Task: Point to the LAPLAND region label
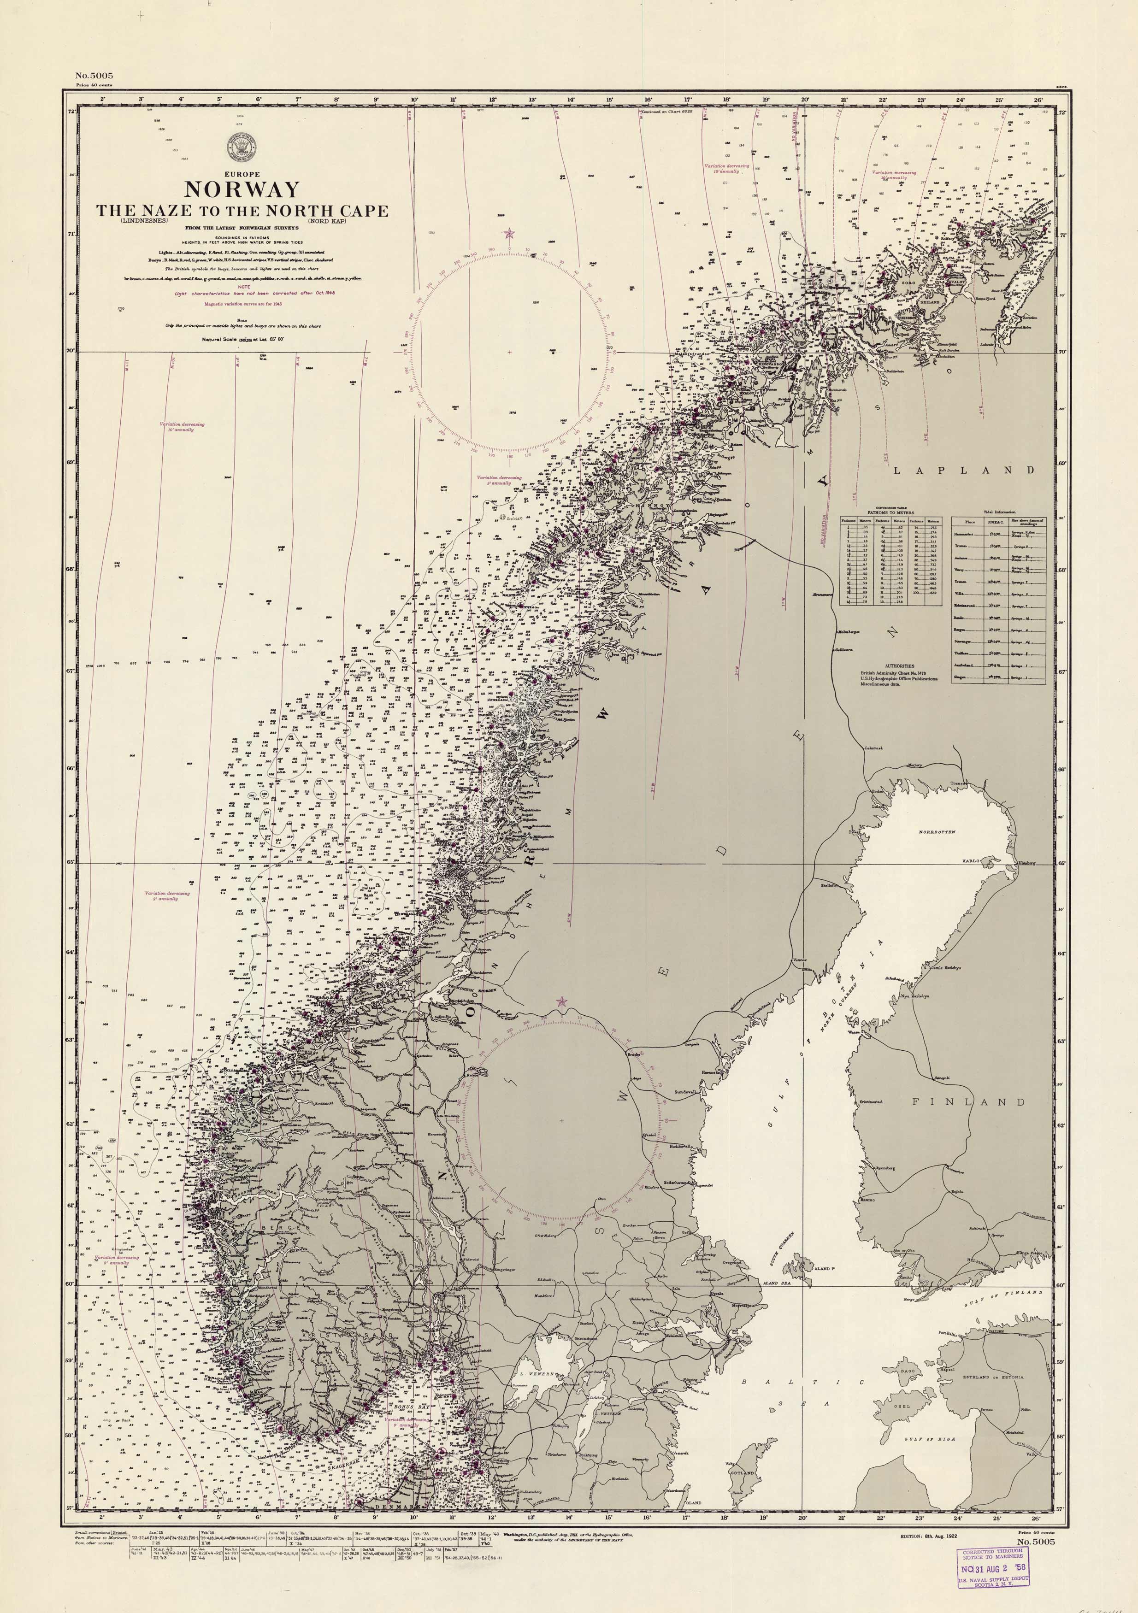(x=964, y=470)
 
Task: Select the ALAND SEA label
(x=777, y=1283)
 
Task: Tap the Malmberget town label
(x=848, y=631)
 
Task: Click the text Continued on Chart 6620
(x=666, y=111)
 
